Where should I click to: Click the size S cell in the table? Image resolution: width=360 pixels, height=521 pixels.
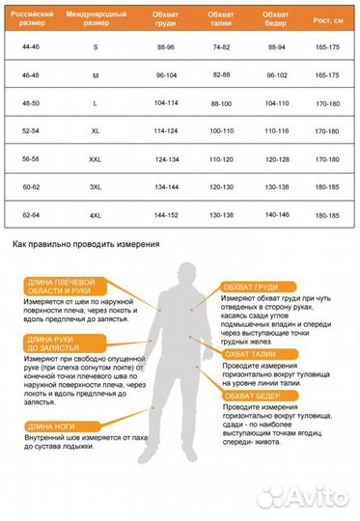click(x=95, y=46)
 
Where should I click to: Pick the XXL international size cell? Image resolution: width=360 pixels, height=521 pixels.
click(x=95, y=158)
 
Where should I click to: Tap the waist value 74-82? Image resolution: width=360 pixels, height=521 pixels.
click(x=221, y=46)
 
